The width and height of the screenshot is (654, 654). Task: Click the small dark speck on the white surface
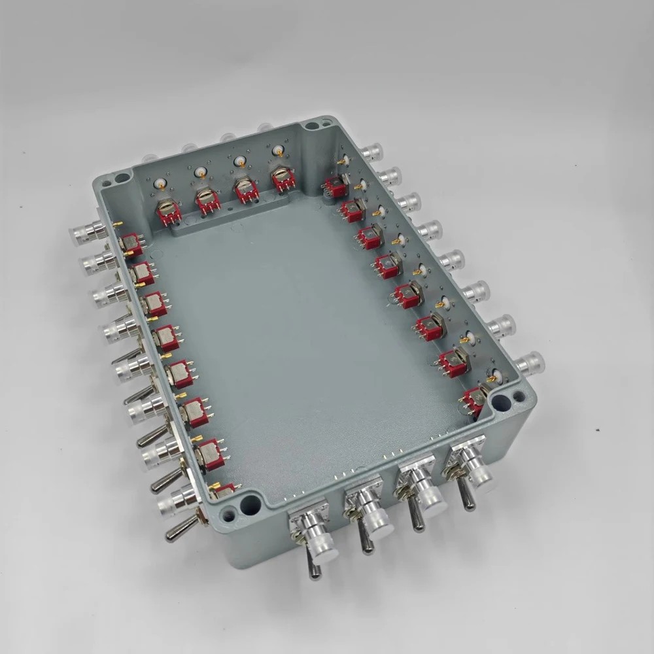tap(597, 429)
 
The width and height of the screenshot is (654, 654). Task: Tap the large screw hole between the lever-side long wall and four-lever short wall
tap(249, 504)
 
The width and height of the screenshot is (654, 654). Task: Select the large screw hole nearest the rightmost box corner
tap(501, 402)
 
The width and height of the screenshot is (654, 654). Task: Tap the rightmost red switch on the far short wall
tap(283, 179)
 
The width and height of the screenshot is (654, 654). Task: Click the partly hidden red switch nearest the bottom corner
tap(224, 489)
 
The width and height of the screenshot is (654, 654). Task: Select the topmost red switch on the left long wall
tap(131, 244)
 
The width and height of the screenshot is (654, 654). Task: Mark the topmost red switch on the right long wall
tap(336, 186)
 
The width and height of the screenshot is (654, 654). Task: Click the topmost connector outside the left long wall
tap(86, 232)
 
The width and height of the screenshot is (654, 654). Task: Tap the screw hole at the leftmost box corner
tap(122, 178)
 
